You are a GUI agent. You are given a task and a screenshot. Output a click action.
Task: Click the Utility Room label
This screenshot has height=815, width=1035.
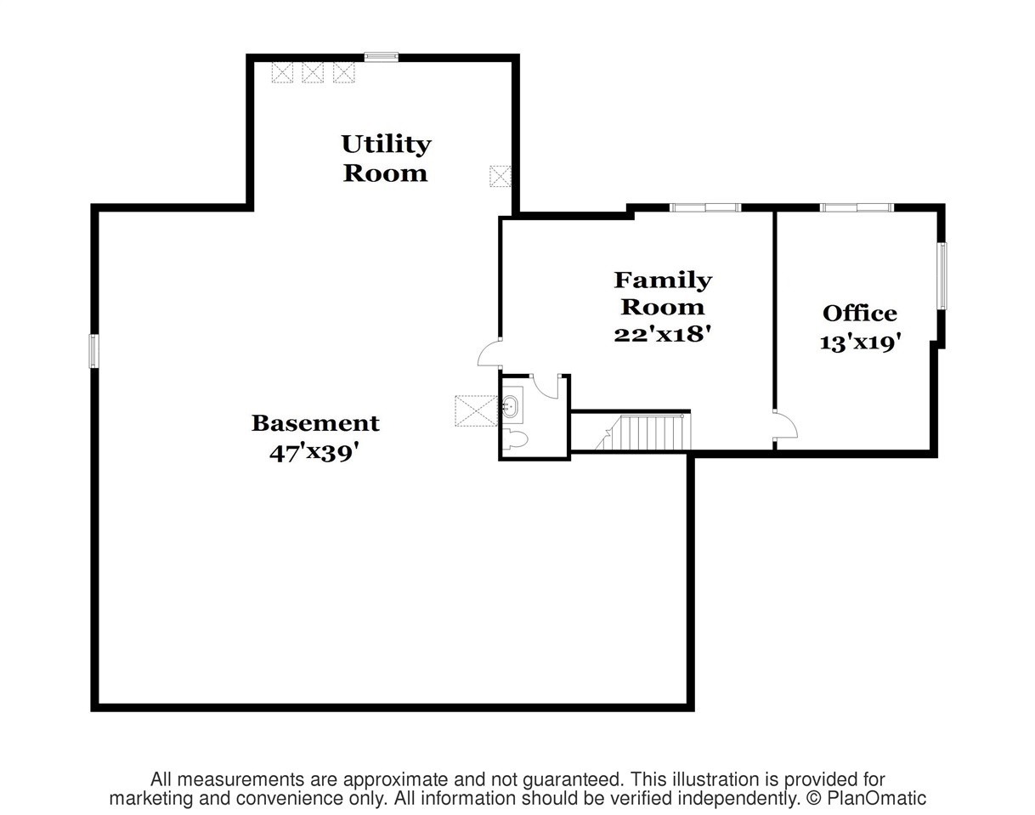[386, 158]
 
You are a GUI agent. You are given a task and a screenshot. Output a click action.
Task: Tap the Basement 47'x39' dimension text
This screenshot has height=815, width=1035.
[314, 453]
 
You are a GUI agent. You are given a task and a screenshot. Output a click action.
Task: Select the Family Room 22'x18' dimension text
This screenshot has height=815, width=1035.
[662, 333]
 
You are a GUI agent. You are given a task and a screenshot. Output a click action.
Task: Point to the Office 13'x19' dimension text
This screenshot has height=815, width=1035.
[860, 342]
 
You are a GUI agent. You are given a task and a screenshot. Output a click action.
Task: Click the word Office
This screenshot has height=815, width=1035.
[860, 314]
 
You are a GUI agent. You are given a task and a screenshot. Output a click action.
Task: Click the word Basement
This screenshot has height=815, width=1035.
[315, 423]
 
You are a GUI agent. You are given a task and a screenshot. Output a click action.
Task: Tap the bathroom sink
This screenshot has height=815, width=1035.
[510, 407]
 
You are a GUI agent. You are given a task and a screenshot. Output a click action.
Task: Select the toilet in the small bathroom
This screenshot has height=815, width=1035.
[515, 439]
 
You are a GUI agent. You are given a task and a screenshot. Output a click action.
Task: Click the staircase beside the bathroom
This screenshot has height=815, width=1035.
[643, 432]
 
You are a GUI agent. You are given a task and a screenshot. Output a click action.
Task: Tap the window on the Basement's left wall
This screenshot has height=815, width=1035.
[93, 351]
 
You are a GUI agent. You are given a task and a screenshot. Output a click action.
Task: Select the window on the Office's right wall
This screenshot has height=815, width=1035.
[942, 276]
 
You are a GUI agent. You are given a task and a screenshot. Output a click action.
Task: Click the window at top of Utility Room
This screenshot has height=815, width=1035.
[381, 57]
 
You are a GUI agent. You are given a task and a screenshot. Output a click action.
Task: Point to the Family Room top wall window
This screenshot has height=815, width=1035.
[705, 208]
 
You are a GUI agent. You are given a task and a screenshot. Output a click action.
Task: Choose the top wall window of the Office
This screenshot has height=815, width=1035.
[857, 208]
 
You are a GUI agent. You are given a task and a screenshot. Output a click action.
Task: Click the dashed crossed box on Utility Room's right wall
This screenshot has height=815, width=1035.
[501, 176]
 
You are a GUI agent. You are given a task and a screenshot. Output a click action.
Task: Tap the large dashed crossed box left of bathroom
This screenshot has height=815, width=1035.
[476, 410]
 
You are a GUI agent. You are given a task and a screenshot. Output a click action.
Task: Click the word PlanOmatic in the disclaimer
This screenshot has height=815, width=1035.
[876, 798]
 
